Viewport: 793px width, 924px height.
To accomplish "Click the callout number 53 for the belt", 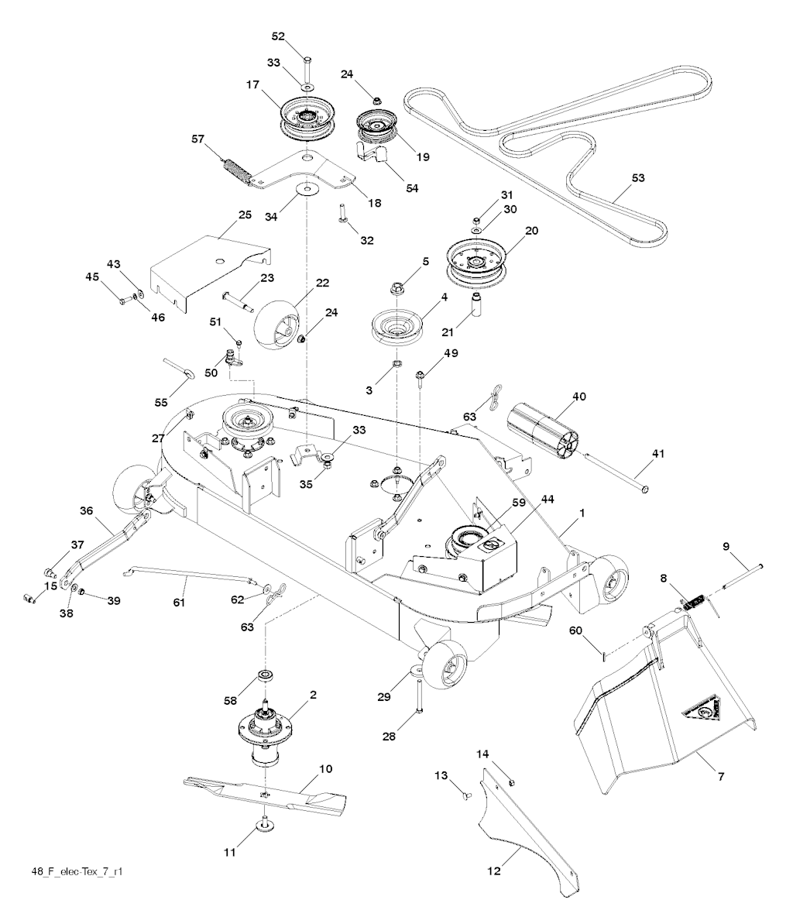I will point(637,178).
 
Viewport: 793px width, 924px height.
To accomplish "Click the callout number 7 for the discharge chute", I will point(720,776).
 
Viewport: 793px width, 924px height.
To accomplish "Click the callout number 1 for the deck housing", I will point(582,513).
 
